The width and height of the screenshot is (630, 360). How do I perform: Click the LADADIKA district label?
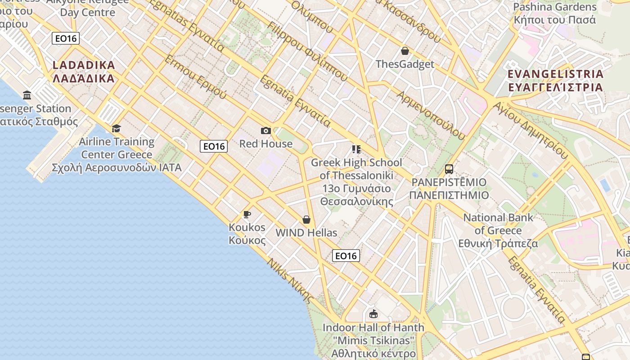84,72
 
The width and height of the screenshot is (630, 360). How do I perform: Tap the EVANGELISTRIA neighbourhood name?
555,81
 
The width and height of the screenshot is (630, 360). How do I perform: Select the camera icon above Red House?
266,130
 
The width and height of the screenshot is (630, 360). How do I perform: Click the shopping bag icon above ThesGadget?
405,51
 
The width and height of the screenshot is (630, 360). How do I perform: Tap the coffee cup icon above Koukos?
247,214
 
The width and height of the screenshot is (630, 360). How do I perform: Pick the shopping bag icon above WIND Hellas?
306,220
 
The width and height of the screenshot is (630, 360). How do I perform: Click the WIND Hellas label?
306,233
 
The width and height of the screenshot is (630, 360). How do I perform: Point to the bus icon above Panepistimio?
449,169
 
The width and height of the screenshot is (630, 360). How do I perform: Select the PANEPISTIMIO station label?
449,189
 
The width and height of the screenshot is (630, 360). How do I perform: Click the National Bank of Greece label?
498,230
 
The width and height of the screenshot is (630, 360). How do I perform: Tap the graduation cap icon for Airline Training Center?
117,129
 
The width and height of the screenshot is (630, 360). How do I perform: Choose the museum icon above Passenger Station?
27,95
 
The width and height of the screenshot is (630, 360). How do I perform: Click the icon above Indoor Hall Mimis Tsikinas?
373,314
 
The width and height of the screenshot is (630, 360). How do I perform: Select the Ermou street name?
196,76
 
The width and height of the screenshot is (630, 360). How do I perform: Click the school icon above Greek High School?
356,149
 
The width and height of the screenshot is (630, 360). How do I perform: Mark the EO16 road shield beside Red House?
214,146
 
